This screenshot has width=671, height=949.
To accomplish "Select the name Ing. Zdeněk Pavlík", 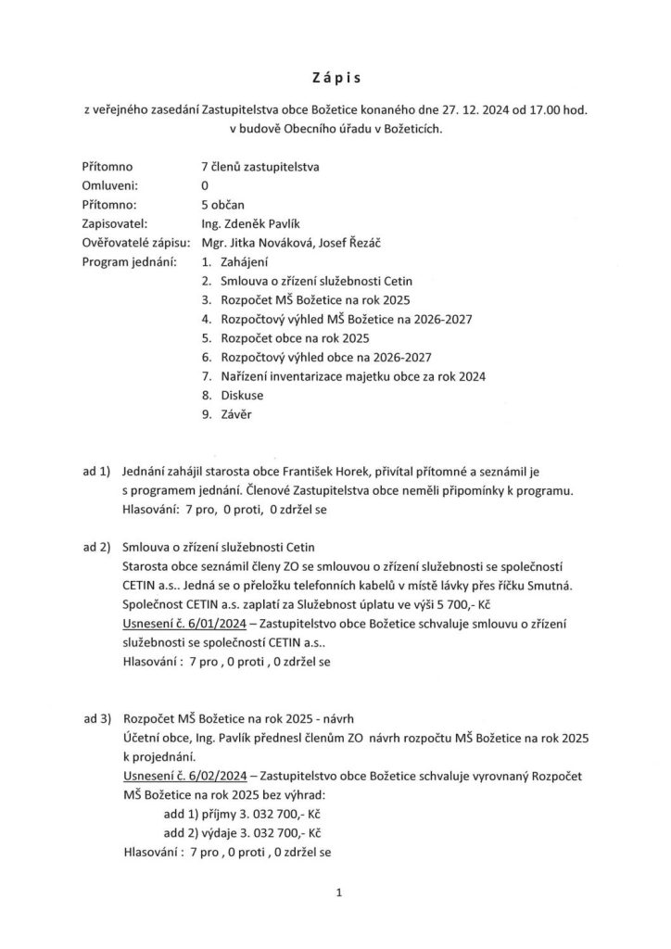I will point(244,223).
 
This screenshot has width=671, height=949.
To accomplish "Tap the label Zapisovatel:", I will point(115,223).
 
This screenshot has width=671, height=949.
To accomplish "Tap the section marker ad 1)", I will point(96,472).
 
